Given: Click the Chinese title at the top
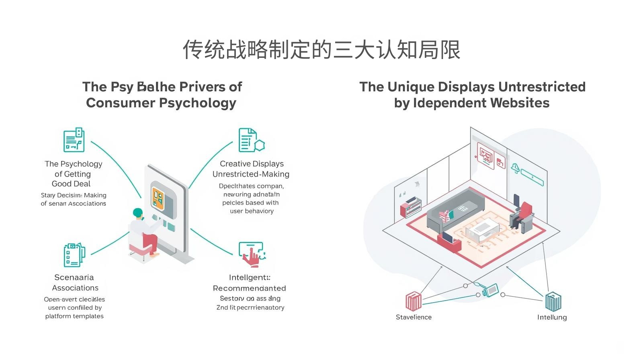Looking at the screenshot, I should [321, 50].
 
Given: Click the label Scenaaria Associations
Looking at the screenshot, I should [75, 282].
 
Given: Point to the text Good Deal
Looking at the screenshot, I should [71, 184].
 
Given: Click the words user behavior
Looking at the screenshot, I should [252, 211].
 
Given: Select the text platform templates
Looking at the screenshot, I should [74, 316].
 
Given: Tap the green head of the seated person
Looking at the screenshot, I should [138, 213].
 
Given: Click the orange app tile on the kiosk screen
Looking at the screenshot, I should [158, 198].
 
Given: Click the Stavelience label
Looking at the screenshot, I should [414, 317].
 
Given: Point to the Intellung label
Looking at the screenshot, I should [552, 317].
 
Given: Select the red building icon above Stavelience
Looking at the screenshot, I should [413, 301].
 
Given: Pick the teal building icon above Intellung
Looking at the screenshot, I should [553, 301].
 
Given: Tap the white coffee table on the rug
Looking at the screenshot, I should [482, 231].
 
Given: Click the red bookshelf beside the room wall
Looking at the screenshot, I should [410, 207].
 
